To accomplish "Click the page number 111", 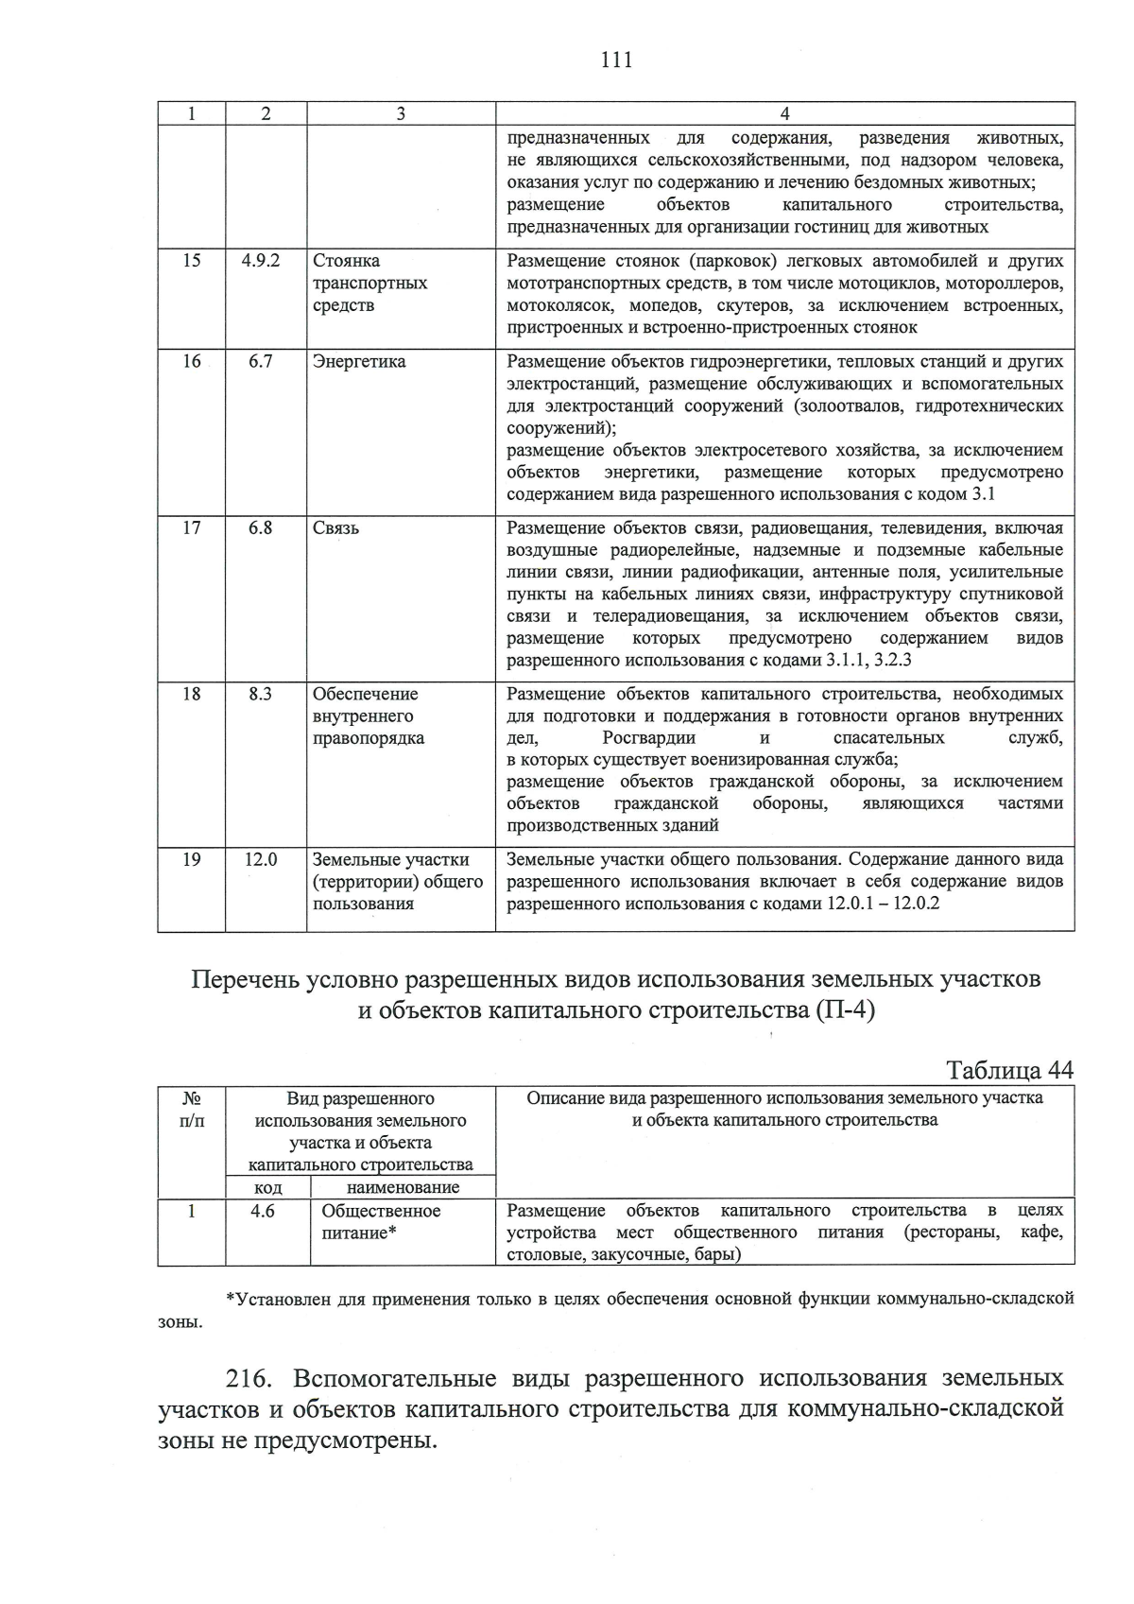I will [615, 60].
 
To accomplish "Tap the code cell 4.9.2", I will [261, 260].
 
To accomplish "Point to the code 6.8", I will [261, 527].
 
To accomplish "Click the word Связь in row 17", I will [335, 527].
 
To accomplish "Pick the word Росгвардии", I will [648, 737].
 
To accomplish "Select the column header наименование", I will [404, 1187].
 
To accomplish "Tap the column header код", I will [268, 1187].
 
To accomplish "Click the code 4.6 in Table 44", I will [263, 1210].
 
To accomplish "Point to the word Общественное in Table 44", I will [381, 1210].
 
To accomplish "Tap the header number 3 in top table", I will [401, 113].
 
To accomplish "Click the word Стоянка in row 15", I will [346, 260].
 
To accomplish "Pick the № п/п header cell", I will [191, 1109].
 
